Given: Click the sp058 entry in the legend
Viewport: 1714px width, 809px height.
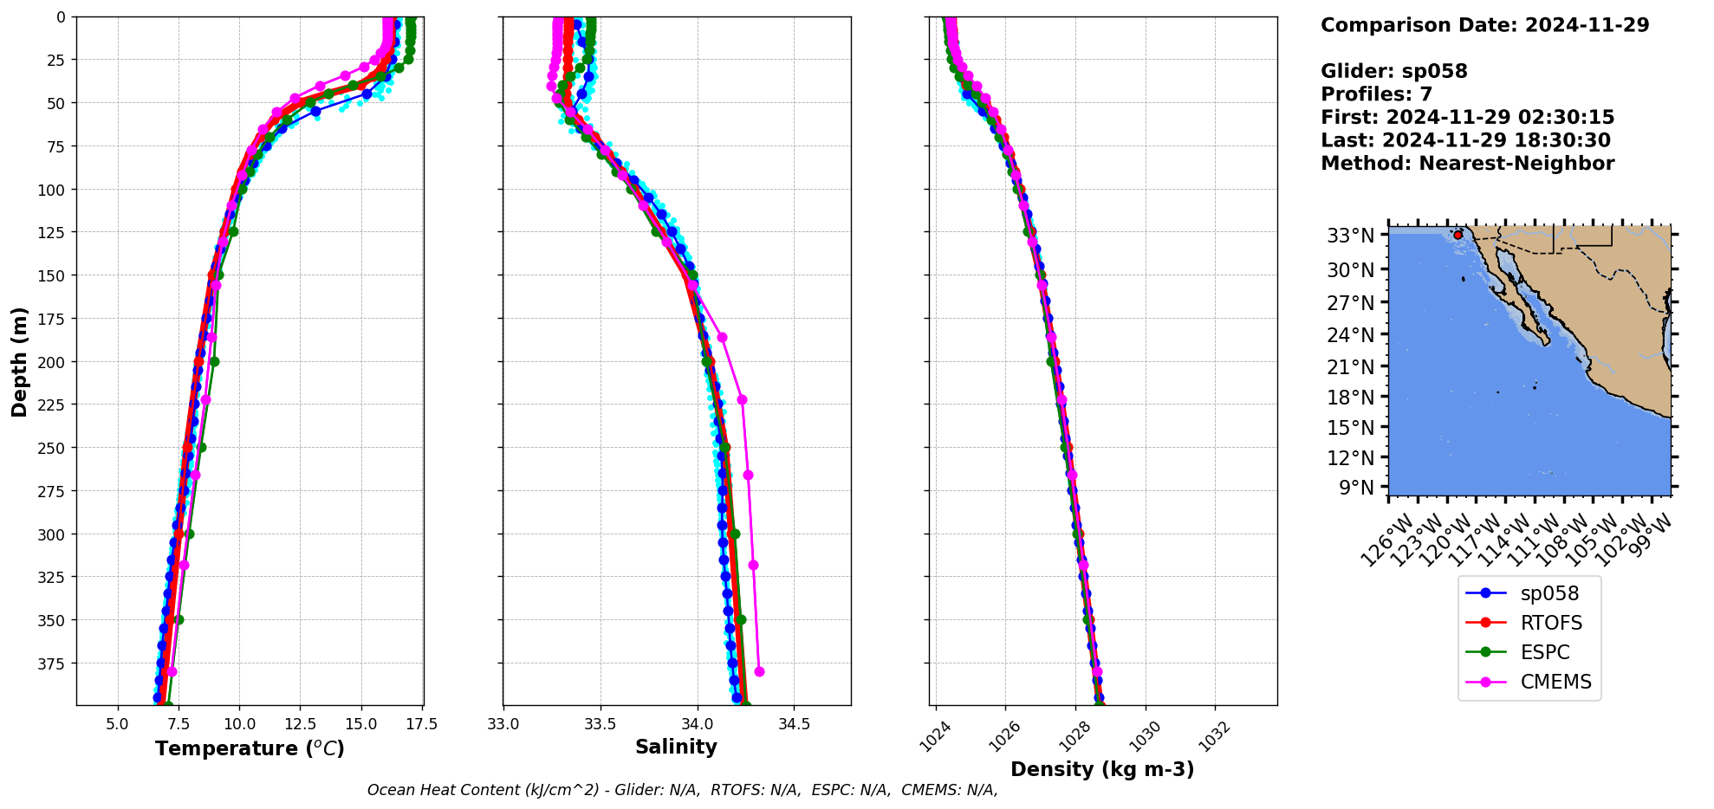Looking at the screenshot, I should tap(1548, 593).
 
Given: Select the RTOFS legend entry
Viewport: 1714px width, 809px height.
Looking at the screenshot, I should tap(1550, 623).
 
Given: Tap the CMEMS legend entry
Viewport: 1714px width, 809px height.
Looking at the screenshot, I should tap(1555, 682).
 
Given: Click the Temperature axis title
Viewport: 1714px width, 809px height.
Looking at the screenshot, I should tap(250, 748).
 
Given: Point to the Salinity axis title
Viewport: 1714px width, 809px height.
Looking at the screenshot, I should tap(676, 748).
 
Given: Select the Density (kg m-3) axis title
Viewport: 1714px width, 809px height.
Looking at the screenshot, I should tap(1102, 769).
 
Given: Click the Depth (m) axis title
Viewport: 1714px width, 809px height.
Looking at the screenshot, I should tap(19, 361).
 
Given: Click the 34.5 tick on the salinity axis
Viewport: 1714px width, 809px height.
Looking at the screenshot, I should tap(794, 724).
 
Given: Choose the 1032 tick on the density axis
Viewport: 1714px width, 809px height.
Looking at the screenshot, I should tap(1211, 735).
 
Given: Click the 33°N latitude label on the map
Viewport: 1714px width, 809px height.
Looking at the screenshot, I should tap(1350, 236).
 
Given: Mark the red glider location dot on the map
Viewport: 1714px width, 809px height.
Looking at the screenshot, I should tap(1458, 235).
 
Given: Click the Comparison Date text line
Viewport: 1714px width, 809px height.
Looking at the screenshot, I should tap(1484, 25).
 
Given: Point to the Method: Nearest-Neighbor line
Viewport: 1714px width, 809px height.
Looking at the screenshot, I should tap(1467, 164).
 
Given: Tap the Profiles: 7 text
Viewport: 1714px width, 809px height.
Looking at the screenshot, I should tap(1376, 94).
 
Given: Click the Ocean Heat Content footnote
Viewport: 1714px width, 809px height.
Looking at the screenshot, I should tap(682, 790).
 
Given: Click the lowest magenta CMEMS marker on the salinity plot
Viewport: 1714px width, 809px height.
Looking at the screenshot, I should tap(759, 671).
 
